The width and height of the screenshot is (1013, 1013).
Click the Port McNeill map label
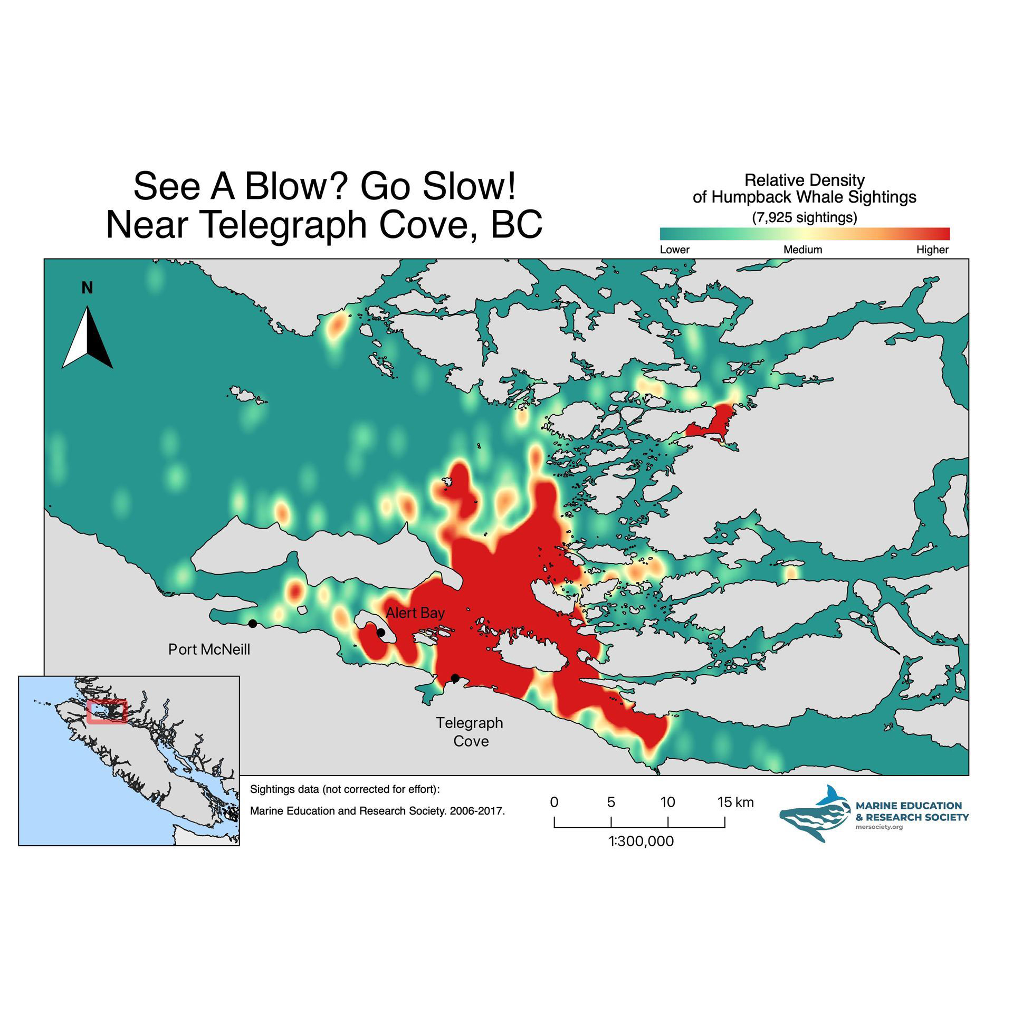pos(209,649)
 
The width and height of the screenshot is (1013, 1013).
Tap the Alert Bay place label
pos(415,613)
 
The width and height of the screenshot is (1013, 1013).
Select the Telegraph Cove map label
pos(470,732)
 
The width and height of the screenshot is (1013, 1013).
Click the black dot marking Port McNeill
pos(253,624)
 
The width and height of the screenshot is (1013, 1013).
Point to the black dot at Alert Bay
pos(380,632)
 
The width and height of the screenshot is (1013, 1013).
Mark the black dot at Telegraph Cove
pos(455,678)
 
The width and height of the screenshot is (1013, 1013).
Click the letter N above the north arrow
pos(87,288)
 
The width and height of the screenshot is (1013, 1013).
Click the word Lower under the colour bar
pos(674,250)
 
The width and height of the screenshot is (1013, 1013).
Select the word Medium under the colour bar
pos(802,250)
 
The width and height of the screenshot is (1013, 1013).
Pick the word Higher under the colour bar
pos(932,250)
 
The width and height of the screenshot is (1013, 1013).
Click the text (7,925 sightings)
pos(804,217)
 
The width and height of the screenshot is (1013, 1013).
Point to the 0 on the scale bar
pos(554,802)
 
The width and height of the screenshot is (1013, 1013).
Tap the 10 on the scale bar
pos(667,802)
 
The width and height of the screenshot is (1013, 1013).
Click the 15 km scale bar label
pos(735,802)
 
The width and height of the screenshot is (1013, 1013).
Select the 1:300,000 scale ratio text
pos(641,841)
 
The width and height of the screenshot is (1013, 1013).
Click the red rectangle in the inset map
pos(107,712)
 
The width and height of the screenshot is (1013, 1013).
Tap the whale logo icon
pos(815,819)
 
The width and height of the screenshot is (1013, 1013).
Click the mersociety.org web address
pos(879,827)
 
